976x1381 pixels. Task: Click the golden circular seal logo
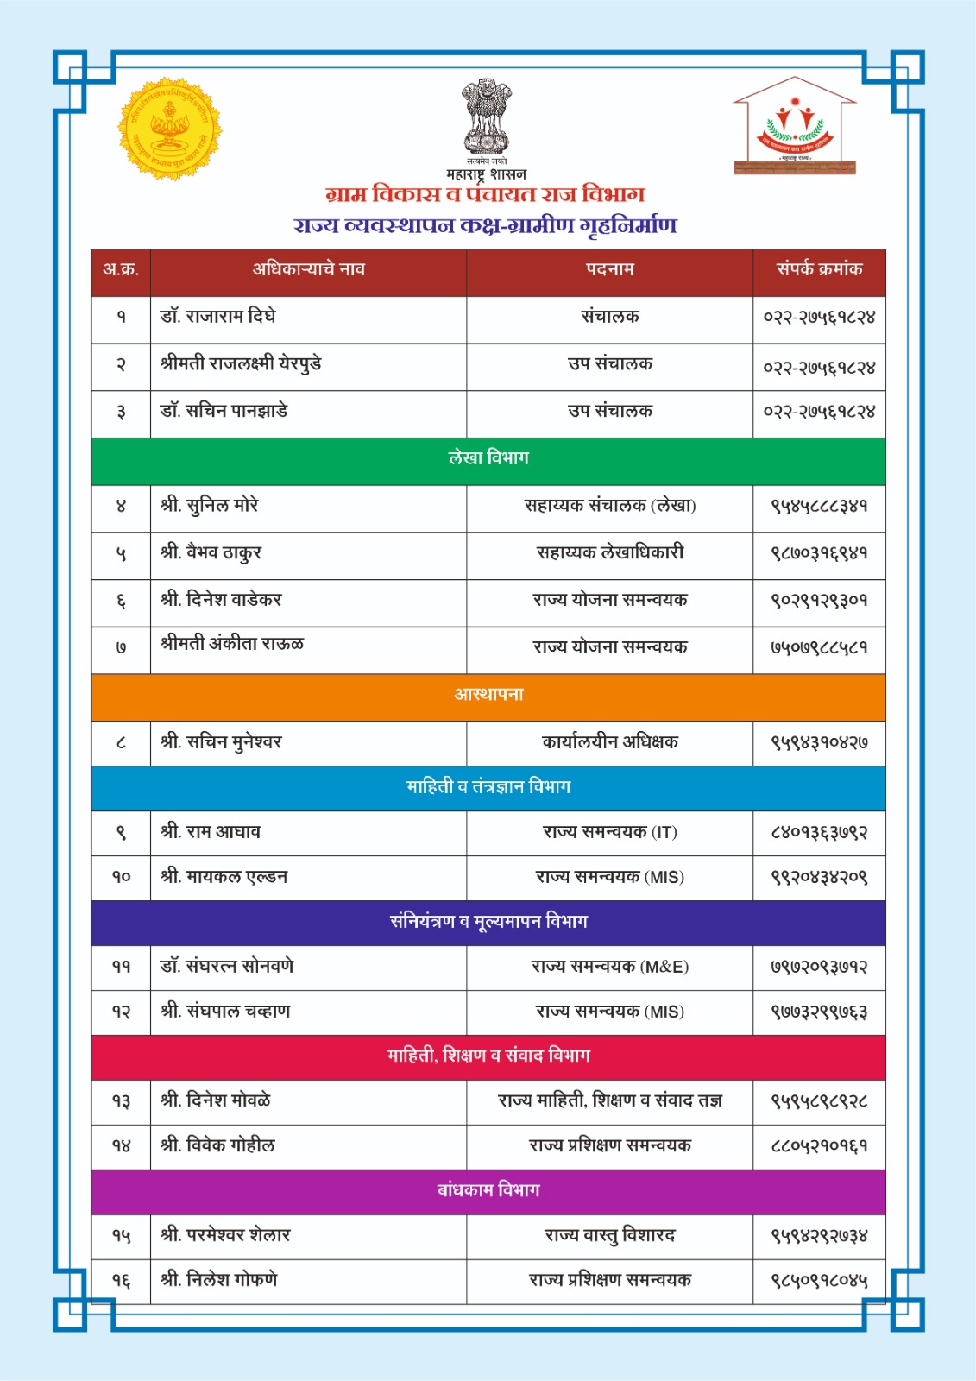coord(170,129)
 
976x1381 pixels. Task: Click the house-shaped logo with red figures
coord(795,127)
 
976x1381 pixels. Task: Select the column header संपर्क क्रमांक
coord(819,269)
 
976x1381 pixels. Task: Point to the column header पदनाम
coord(609,269)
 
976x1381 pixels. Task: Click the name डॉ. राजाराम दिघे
coord(218,317)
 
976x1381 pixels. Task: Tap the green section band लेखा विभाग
coord(488,458)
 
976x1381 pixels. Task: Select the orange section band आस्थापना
coord(488,695)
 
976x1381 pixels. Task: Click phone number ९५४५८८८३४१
coord(819,506)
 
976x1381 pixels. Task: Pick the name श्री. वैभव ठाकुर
coord(211,552)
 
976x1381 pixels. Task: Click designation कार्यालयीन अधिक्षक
coord(609,741)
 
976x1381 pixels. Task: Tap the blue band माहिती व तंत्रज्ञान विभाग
coord(488,787)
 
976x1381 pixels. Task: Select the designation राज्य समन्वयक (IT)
coord(609,833)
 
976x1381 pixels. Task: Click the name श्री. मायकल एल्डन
coord(224,877)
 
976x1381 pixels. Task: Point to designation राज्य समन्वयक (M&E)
coord(609,968)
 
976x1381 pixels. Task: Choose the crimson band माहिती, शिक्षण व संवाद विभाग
coord(488,1056)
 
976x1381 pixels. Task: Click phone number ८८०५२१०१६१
coord(819,1146)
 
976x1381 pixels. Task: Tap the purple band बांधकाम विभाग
coord(488,1191)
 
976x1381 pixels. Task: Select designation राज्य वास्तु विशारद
coord(609,1236)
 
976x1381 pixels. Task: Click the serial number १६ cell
coord(121,1281)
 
